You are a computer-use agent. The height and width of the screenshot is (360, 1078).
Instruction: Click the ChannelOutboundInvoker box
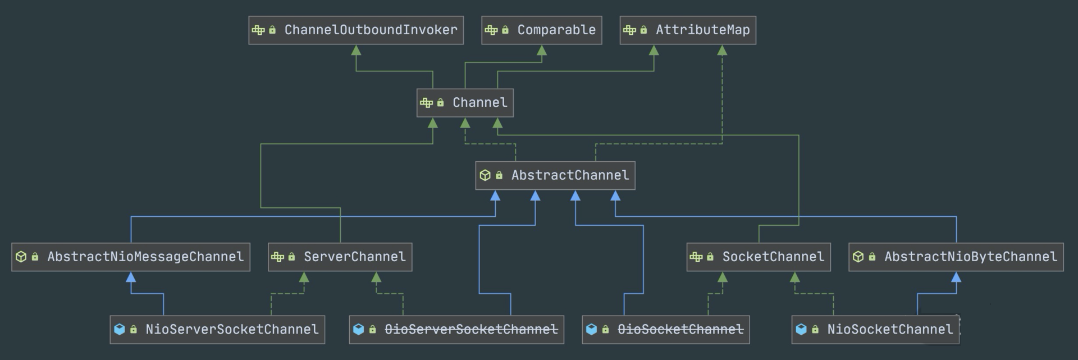coord(356,30)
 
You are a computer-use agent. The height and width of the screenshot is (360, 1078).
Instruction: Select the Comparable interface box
coord(542,30)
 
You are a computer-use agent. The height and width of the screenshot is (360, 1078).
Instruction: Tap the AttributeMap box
coord(688,30)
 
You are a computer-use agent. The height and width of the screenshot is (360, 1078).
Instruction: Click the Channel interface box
coord(465,103)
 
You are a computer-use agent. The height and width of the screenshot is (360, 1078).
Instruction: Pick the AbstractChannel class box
coord(555,176)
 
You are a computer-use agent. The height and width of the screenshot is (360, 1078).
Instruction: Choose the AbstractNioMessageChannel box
coord(131,257)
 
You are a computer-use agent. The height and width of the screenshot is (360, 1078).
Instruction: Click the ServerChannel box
coord(340,257)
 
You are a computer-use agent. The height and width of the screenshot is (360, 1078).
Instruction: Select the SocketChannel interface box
coord(759,257)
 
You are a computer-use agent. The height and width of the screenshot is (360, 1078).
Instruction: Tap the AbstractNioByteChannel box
coord(956,257)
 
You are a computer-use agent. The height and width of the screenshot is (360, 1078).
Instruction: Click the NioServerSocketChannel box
coord(217,330)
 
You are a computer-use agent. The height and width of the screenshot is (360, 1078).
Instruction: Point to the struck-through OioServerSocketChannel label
coord(471,330)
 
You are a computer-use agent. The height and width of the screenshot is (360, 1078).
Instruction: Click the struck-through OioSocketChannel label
coord(680,330)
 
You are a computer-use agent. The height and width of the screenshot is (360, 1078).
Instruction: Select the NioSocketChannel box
coord(876,330)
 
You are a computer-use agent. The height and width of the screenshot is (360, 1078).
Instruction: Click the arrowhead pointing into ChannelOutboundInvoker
coord(356,50)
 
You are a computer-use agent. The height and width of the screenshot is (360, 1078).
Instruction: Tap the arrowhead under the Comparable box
coord(542,50)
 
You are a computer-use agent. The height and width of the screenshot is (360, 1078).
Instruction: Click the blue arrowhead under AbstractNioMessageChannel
coord(131,277)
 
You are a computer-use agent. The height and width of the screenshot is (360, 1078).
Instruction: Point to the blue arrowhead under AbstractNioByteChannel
coord(956,277)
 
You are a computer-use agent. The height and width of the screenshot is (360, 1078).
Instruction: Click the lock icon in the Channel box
coord(441,103)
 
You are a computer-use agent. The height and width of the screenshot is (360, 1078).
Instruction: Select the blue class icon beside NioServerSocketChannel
coord(119,330)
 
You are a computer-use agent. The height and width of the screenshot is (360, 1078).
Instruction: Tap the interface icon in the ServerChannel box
coord(277,257)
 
